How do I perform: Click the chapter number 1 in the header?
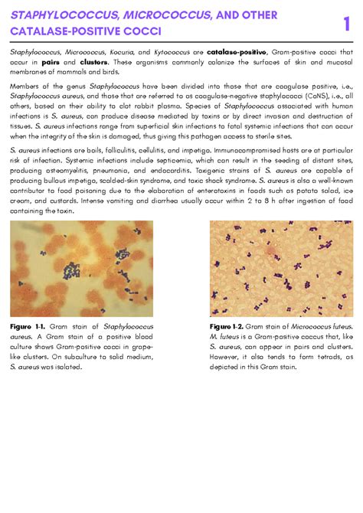[x=346, y=23]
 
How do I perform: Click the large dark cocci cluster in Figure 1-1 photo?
[x=72, y=270]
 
